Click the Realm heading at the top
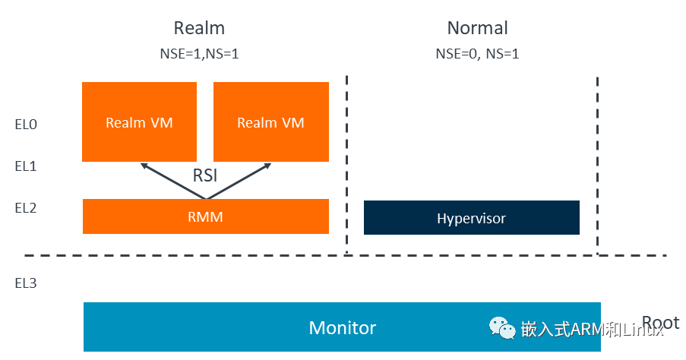click(199, 29)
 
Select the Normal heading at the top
click(477, 29)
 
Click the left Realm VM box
click(139, 122)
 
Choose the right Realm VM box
click(270, 122)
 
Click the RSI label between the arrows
click(205, 175)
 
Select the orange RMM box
click(205, 216)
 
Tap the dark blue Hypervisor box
click(471, 218)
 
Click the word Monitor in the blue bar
click(342, 327)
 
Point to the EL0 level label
click(26, 124)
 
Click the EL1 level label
click(26, 165)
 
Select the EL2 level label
click(26, 207)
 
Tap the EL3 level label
click(26, 283)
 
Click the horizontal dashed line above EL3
click(190, 255)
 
